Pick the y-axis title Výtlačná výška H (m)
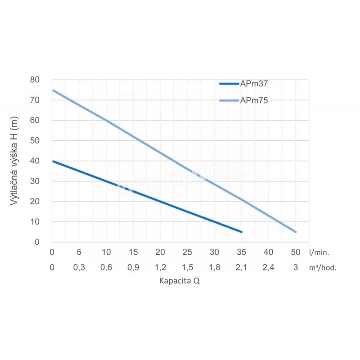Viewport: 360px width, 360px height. pos(15,161)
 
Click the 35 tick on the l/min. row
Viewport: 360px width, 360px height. pos(242,252)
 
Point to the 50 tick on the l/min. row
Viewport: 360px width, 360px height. pos(296,252)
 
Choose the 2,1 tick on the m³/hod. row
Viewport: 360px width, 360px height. pos(242,267)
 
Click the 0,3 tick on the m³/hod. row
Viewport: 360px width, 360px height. pos(79,267)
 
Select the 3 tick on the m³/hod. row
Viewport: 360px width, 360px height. pos(296,267)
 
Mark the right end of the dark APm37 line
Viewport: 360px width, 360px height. pos(242,232)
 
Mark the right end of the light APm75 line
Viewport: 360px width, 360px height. pos(296,232)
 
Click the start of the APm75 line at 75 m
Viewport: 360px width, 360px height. pos(53,90)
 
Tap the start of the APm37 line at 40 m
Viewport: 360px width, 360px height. pos(53,161)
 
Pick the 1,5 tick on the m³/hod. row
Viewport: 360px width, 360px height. pos(188,267)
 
